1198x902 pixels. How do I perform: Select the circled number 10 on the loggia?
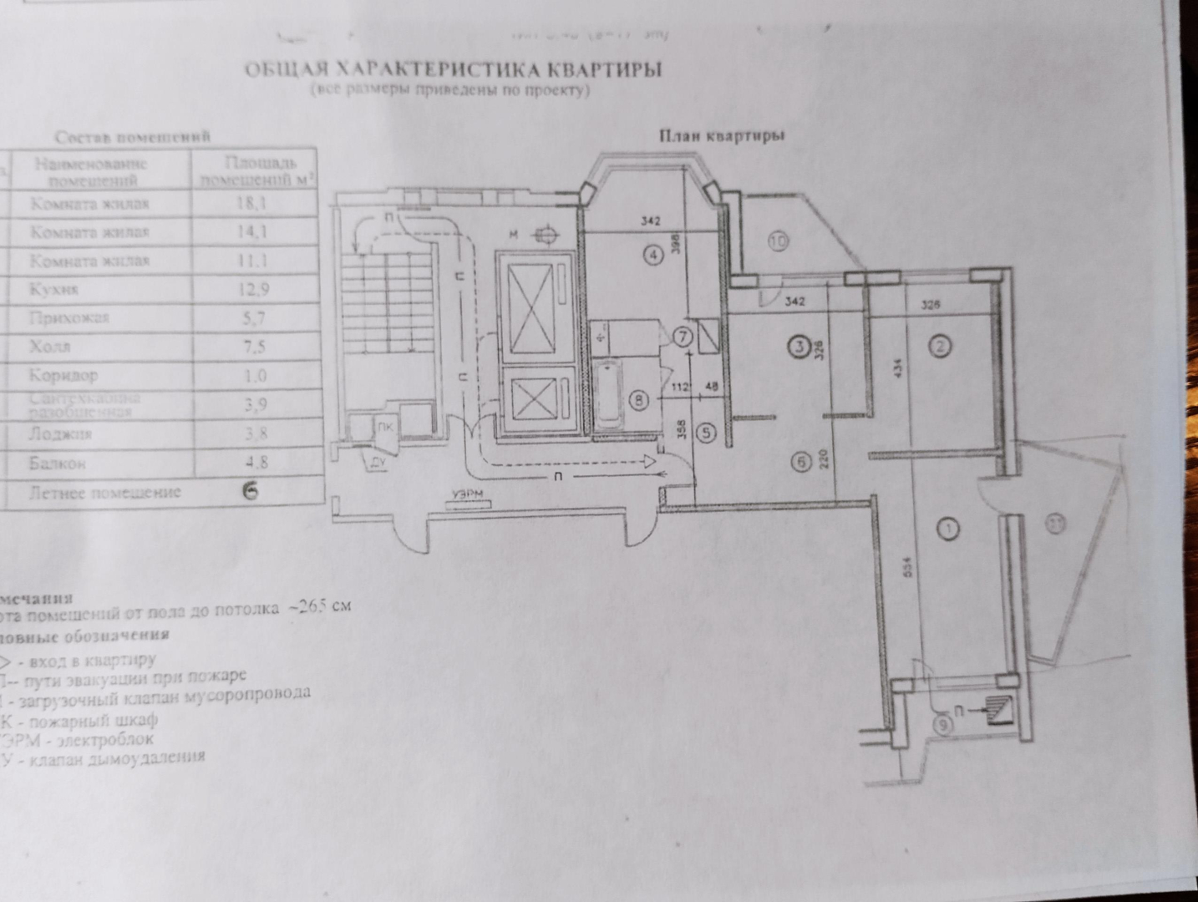[x=778, y=242]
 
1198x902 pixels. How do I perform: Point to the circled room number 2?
[x=941, y=345]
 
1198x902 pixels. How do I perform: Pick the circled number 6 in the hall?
[x=801, y=461]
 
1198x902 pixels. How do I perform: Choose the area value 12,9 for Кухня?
[x=254, y=290]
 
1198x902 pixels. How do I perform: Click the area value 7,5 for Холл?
[x=254, y=347]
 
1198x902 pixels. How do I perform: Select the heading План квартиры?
[x=721, y=135]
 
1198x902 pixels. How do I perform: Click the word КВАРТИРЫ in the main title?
[x=602, y=68]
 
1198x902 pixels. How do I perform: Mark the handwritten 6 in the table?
[x=250, y=491]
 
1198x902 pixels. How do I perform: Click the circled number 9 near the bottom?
[x=944, y=725]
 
